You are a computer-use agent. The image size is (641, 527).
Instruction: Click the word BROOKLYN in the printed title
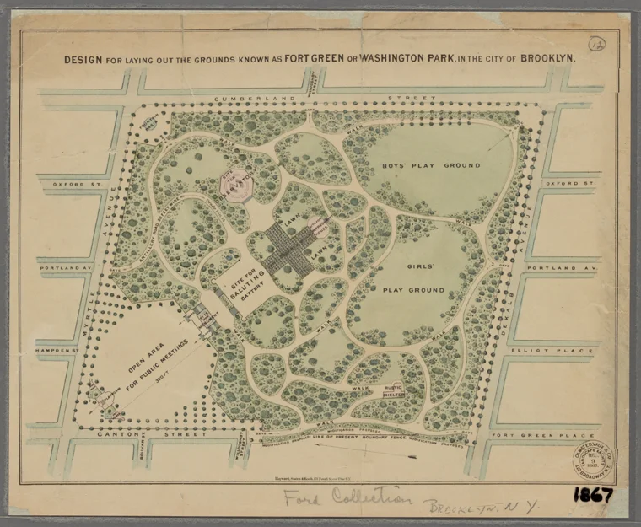546,61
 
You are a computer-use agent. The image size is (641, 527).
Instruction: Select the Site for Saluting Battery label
238,294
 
